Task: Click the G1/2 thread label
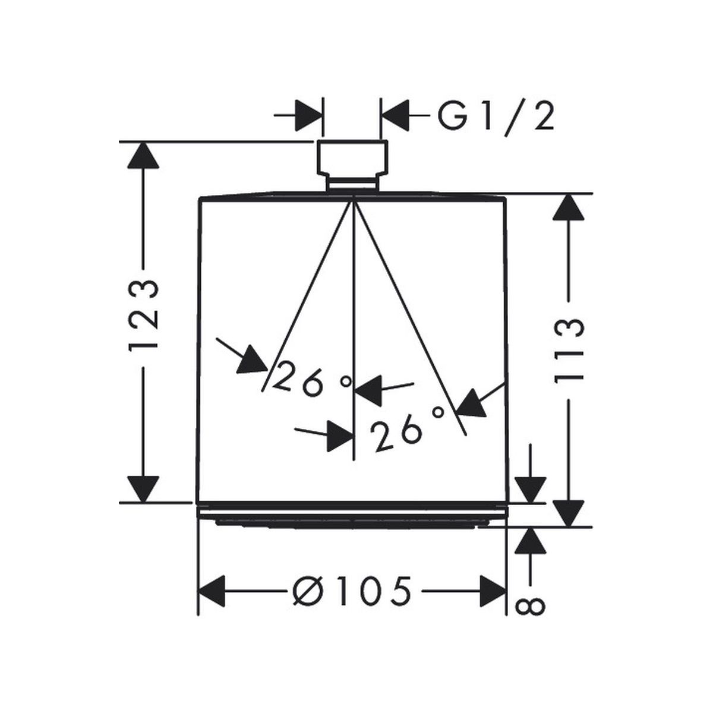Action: [496, 117]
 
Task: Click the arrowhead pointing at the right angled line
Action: [472, 402]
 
